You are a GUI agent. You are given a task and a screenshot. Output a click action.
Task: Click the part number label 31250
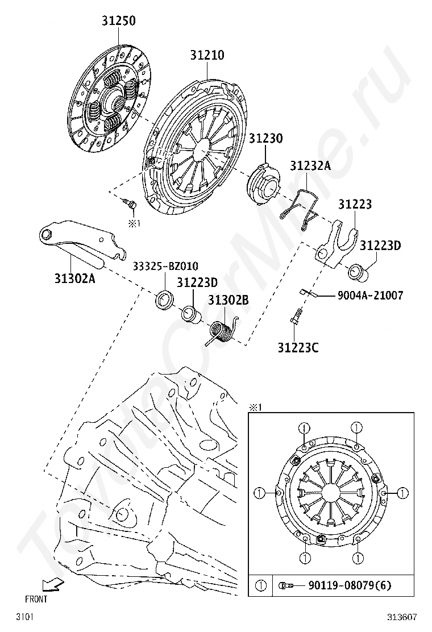pyautogui.click(x=119, y=21)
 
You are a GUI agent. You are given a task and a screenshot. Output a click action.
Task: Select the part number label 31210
pyautogui.click(x=207, y=55)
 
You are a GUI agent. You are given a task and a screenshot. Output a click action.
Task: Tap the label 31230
pyautogui.click(x=265, y=139)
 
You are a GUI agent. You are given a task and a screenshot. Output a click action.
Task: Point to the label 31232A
pyautogui.click(x=310, y=166)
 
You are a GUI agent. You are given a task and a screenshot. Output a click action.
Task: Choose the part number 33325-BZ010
pyautogui.click(x=165, y=266)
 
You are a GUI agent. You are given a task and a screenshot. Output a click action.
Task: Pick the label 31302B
pyautogui.click(x=228, y=300)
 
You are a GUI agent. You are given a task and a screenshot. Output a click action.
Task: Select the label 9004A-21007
pyautogui.click(x=370, y=296)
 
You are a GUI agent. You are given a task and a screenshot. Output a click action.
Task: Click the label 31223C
pyautogui.click(x=298, y=347)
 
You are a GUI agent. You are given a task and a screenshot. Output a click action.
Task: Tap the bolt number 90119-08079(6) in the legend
pyautogui.click(x=350, y=585)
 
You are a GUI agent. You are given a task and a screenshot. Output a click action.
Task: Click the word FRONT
pyautogui.click(x=36, y=598)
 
